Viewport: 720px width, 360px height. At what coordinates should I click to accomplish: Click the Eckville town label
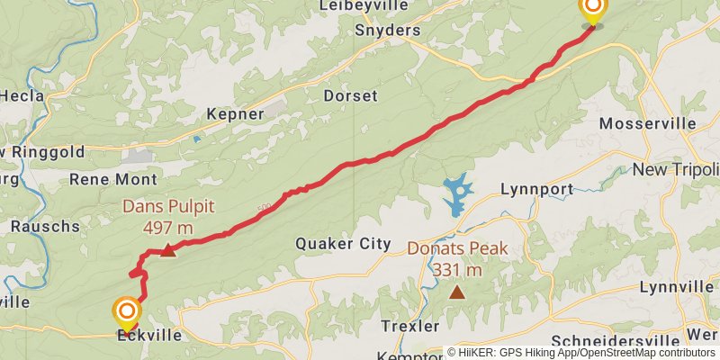(x=148, y=336)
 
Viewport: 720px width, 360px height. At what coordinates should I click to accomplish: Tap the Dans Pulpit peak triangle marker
(x=168, y=250)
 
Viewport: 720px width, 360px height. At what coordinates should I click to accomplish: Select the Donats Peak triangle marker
(x=458, y=292)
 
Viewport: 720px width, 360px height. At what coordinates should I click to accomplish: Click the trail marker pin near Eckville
(x=127, y=314)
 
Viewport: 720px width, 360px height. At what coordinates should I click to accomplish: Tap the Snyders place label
(x=388, y=31)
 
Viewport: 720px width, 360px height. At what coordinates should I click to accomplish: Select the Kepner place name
(x=235, y=114)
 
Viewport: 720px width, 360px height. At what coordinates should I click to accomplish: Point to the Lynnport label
(x=535, y=190)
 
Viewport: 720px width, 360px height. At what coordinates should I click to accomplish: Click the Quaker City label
(x=344, y=244)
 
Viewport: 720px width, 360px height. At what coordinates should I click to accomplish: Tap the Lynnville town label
(x=675, y=287)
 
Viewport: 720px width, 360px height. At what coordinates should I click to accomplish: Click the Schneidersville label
(x=610, y=342)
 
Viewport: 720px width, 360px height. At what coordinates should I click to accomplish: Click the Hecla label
(x=16, y=95)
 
